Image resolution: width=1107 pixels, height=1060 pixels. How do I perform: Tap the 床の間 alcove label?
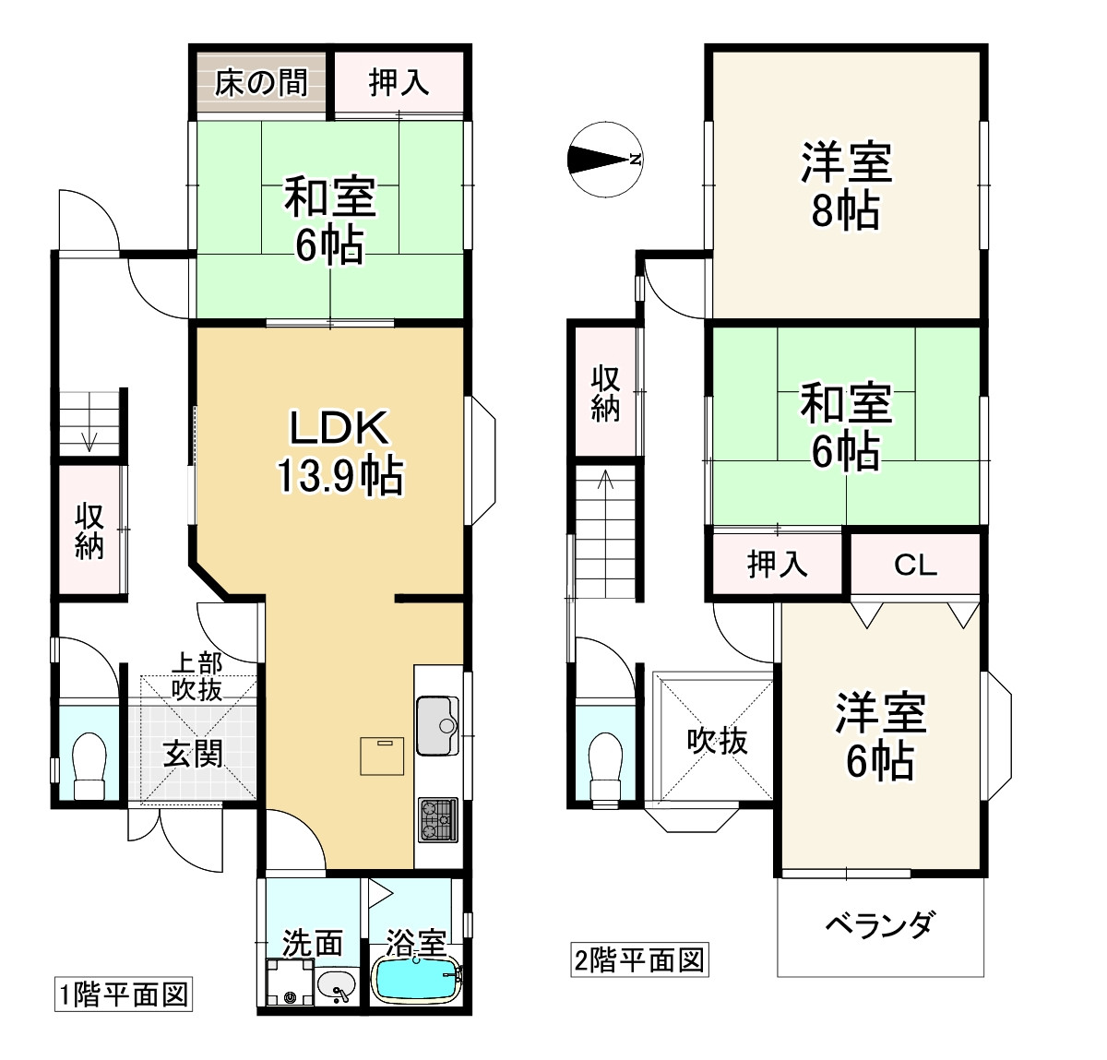[261, 83]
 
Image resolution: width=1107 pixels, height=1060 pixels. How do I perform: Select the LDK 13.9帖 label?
[339, 452]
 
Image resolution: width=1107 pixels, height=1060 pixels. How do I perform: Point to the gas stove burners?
[437, 819]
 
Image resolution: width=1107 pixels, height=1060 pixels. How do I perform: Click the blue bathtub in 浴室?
[416, 978]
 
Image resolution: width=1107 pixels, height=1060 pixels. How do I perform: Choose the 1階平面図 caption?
[124, 994]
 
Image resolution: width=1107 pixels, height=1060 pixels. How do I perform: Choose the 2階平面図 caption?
[639, 960]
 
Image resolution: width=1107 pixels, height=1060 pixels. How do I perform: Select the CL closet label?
[914, 565]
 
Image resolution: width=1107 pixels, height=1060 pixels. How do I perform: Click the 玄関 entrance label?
[195, 754]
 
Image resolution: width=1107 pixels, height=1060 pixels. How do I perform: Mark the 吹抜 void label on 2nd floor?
[717, 740]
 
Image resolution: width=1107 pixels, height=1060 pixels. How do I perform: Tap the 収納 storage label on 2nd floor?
[605, 394]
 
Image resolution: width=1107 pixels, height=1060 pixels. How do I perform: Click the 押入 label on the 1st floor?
[399, 83]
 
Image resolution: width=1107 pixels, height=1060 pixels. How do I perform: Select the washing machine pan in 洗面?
[289, 983]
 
